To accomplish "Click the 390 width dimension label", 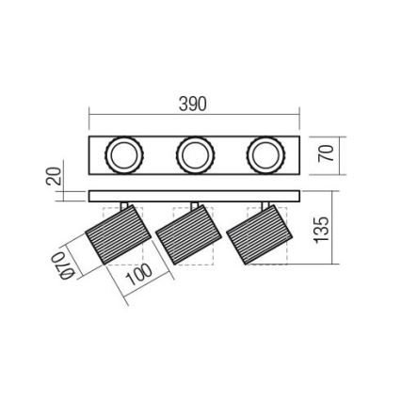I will [x=192, y=104].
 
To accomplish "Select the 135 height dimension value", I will [x=320, y=229].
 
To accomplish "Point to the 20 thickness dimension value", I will [x=55, y=176].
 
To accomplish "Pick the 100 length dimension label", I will [x=137, y=280].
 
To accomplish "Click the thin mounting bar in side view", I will [x=194, y=196].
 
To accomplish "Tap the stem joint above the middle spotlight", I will [x=195, y=207].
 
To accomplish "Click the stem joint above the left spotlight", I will [x=125, y=207].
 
